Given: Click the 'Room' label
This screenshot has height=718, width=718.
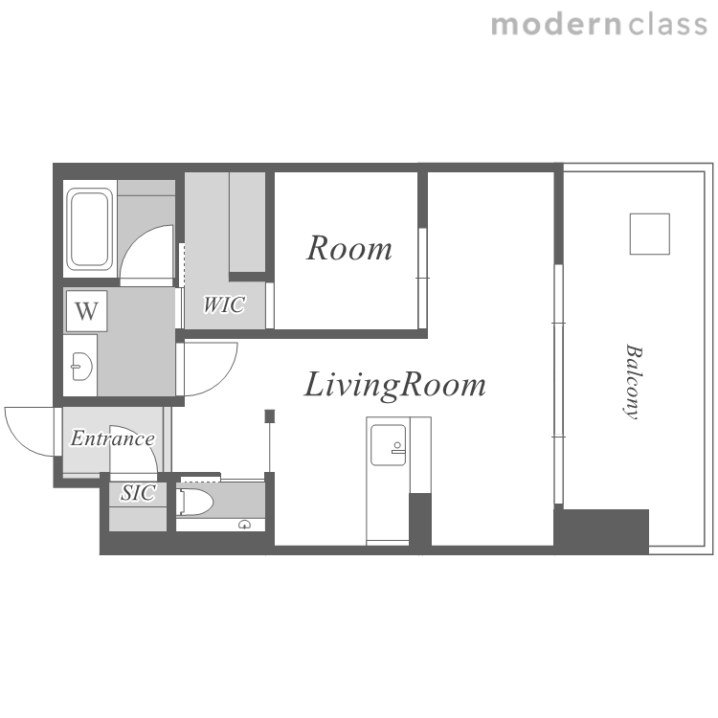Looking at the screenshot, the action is click(348, 248).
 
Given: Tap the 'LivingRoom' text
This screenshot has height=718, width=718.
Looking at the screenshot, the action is click(394, 385).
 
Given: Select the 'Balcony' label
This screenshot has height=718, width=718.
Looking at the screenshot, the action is click(634, 381).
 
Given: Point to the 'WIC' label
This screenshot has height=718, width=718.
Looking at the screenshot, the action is click(224, 304).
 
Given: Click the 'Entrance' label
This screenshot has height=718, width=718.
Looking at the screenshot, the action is click(113, 438).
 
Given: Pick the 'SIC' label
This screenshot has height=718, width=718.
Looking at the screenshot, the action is click(138, 493).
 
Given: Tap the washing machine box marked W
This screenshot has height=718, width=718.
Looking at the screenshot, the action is click(86, 311).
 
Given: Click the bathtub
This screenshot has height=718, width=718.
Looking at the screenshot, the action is click(90, 229).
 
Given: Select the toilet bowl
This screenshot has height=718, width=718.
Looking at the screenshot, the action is click(195, 503).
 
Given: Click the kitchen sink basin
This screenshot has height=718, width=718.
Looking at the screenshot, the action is click(388, 444).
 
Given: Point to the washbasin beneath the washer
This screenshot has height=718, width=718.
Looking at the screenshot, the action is click(82, 367).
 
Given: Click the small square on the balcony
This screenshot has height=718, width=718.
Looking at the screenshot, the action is click(650, 234).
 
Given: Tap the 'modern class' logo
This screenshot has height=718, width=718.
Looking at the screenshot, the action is click(599, 24).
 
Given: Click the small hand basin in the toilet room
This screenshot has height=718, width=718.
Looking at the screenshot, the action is click(245, 525).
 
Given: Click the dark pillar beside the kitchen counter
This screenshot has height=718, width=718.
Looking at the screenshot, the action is click(420, 519).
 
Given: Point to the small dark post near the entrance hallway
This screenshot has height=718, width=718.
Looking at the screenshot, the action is click(270, 415).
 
